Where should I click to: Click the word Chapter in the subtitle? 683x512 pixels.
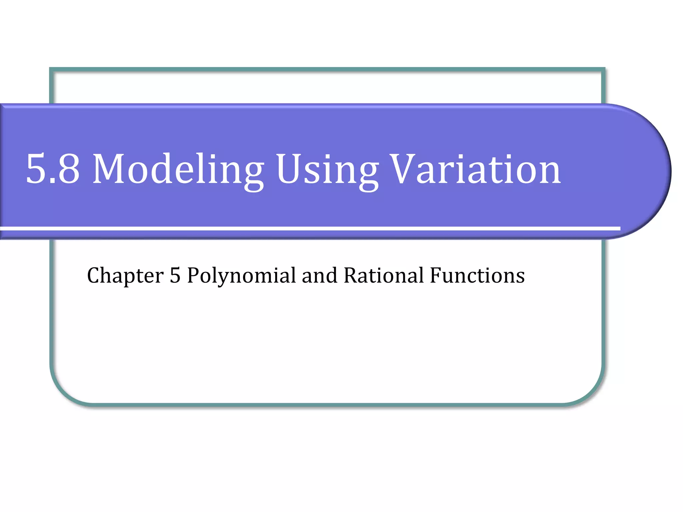(x=125, y=276)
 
